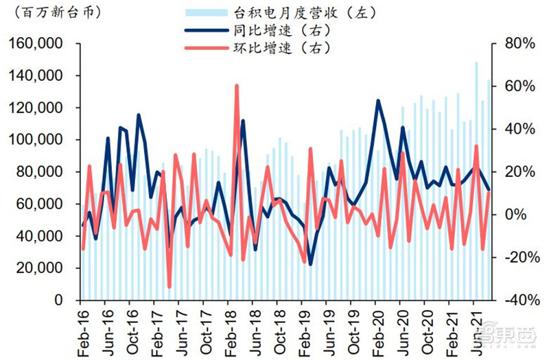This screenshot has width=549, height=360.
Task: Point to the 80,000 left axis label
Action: [x=43, y=172]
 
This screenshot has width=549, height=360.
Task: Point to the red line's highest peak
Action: [x=237, y=86]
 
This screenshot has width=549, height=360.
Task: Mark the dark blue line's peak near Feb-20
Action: [x=378, y=100]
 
